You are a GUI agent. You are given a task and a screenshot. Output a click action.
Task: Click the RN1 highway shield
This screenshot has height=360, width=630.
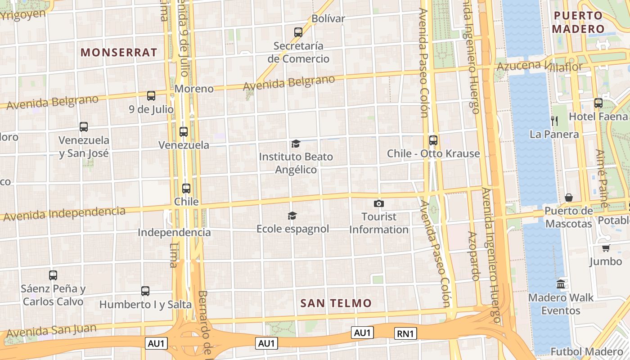click(x=405, y=333)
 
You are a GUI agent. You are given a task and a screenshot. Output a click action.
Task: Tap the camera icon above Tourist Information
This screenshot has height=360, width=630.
click(x=379, y=203)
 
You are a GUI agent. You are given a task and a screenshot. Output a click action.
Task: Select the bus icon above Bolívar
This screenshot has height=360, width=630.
click(x=298, y=32)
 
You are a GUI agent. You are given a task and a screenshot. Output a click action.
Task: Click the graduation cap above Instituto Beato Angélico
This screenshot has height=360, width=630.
click(x=296, y=144)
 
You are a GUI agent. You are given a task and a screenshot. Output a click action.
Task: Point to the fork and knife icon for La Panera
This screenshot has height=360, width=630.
click(x=554, y=121)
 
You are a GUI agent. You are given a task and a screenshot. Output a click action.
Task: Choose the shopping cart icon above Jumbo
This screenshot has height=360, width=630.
click(x=606, y=248)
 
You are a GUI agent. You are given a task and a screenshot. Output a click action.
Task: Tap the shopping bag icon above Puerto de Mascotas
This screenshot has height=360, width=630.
click(x=569, y=198)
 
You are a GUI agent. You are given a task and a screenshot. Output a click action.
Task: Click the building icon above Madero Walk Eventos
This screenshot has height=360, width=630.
click(x=561, y=284)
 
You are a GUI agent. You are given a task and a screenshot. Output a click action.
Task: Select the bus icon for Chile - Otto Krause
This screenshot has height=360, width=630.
click(x=433, y=140)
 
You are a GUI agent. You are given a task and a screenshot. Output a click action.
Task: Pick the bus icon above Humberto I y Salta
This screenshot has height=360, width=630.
click(x=145, y=291)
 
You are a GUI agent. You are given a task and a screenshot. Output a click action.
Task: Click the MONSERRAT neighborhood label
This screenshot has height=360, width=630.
click(x=119, y=52)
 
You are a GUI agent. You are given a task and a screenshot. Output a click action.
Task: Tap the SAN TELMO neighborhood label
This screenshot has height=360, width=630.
click(x=336, y=303)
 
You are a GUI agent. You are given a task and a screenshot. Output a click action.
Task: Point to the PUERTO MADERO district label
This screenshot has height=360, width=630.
click(x=578, y=22)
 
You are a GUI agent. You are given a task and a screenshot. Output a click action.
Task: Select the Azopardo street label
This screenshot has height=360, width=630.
click(x=474, y=256)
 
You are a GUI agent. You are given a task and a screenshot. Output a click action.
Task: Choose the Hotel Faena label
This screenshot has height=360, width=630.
click(x=598, y=117)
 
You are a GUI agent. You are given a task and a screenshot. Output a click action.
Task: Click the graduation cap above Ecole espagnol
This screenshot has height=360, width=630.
click(x=292, y=216)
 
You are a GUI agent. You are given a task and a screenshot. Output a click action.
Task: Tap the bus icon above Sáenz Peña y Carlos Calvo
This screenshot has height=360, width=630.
click(x=53, y=275)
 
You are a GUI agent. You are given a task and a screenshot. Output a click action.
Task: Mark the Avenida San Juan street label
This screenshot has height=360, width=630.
click(x=51, y=331)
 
